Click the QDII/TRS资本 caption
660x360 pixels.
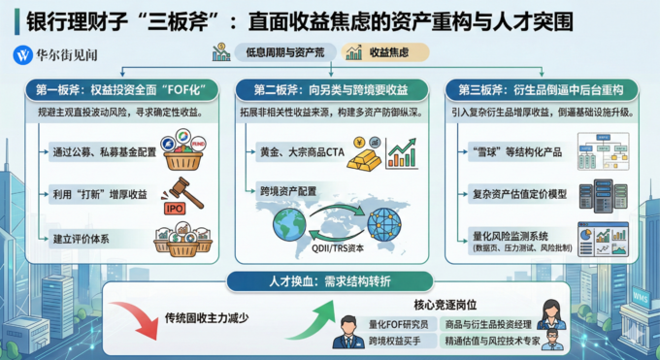point(339,249)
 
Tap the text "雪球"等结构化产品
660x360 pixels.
point(513,150)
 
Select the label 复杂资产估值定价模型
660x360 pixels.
point(520,193)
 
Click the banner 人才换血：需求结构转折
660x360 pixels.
point(327,283)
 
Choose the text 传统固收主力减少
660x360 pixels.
point(210,317)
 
